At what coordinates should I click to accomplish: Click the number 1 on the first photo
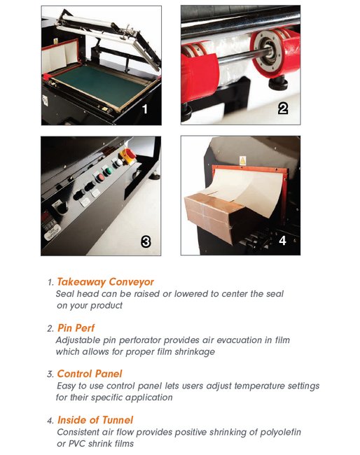pos(144,109)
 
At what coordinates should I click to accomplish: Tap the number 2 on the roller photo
pos(283,108)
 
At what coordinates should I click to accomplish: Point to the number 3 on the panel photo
pos(146,241)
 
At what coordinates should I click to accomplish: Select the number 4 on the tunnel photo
pos(282,240)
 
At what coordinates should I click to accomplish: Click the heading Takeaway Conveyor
pos(105,282)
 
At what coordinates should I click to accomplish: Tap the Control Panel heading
pos(90,374)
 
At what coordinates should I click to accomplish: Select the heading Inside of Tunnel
pos(95,420)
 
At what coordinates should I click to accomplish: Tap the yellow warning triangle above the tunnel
pos(242,158)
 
